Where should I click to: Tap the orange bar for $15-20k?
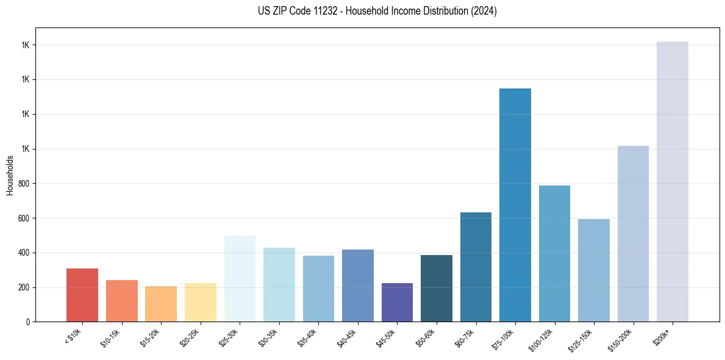161,303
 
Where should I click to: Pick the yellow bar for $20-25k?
200,302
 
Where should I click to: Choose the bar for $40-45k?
358,285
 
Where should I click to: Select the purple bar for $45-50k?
397,302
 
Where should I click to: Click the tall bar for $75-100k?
515,205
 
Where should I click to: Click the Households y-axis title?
10,175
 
